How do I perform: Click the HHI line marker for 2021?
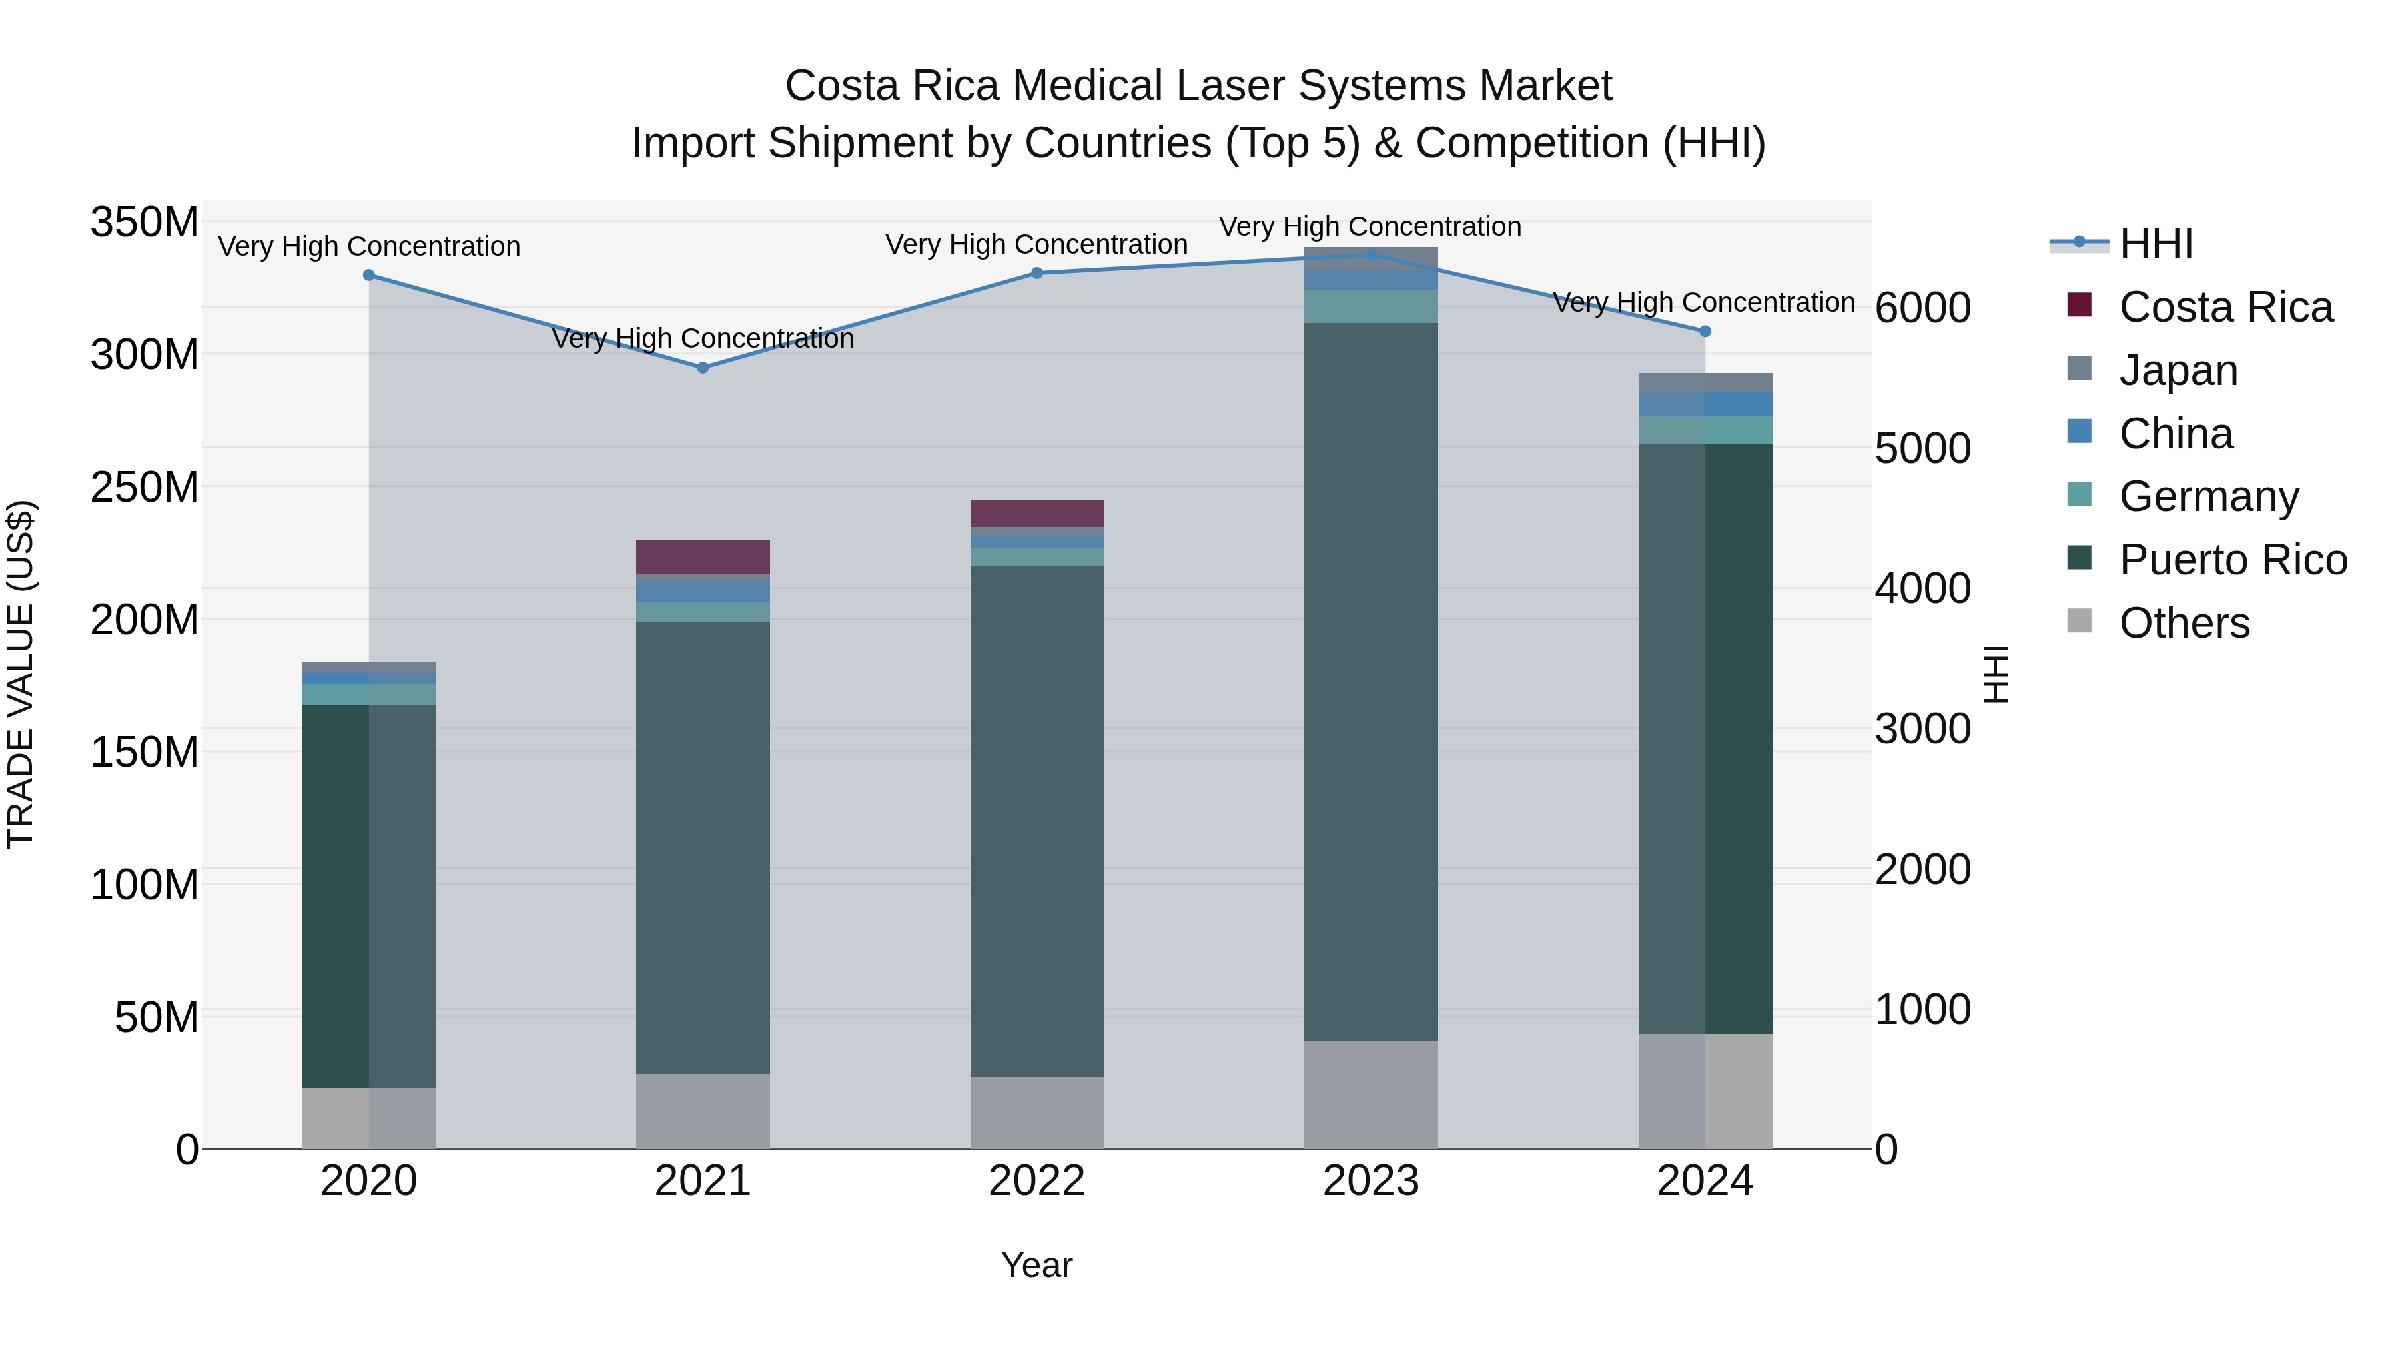(703, 368)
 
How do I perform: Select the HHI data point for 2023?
(1370, 254)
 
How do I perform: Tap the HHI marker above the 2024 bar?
(1705, 332)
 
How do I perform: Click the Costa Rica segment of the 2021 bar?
(703, 557)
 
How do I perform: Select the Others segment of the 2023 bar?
(1370, 1094)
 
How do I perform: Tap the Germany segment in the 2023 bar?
(1370, 306)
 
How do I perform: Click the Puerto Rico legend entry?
(2231, 560)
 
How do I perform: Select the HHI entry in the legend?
(2154, 244)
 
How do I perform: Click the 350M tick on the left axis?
(145, 223)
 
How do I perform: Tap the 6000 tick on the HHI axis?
(1922, 308)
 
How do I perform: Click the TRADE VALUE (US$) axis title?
(21, 674)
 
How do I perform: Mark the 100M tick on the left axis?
(145, 885)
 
